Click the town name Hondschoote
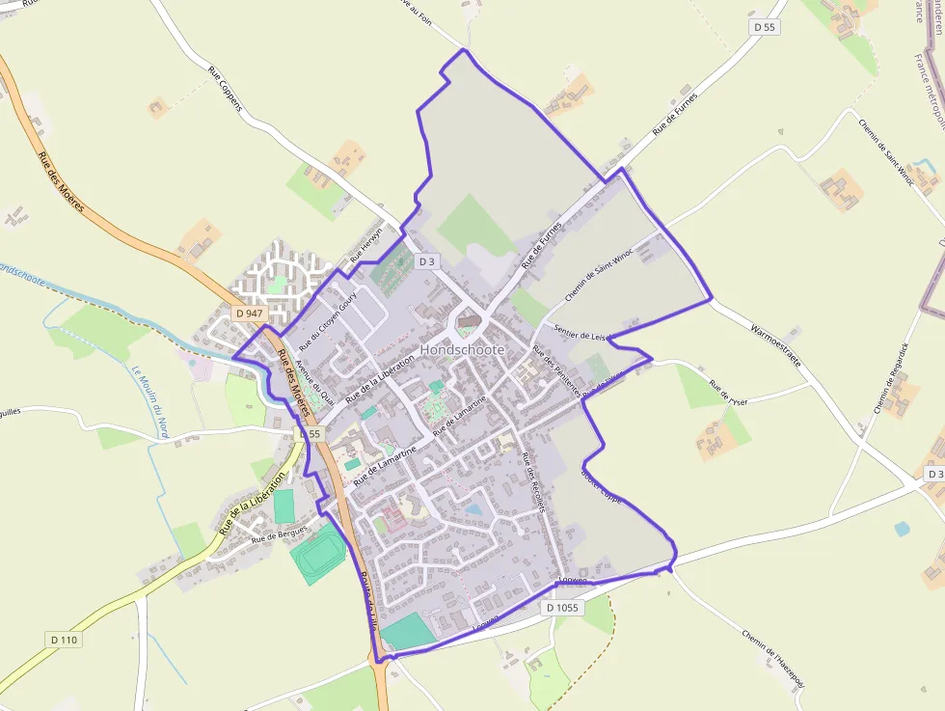462,349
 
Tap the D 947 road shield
250,314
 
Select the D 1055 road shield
562,608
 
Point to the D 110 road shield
63,640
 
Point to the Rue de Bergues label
279,533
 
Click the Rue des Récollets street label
533,483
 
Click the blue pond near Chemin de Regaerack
901,529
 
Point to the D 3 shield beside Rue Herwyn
428,261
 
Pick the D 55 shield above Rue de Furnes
765,27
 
